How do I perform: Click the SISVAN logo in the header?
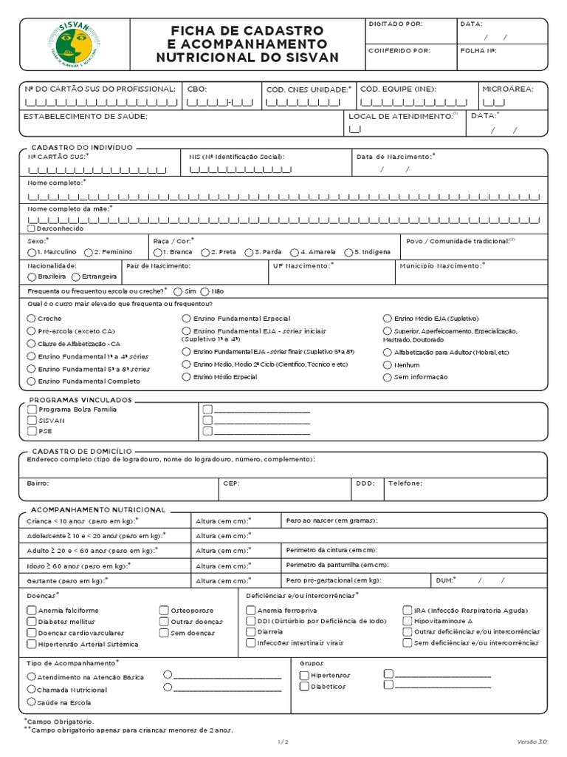[x=75, y=44]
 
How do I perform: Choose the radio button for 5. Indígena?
[x=348, y=252]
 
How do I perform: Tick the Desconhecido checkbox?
[x=31, y=228]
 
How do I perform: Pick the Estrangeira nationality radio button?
[x=76, y=276]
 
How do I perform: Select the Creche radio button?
[x=31, y=319]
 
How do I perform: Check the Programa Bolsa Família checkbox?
[x=32, y=409]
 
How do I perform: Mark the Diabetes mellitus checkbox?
[x=32, y=622]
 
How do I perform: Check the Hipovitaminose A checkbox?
[x=408, y=622]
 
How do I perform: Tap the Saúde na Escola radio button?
[x=31, y=702]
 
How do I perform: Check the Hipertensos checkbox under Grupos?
[x=304, y=675]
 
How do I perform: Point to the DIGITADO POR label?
[x=396, y=24]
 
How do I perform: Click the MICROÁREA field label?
[x=507, y=89]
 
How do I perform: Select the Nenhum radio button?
[x=388, y=365]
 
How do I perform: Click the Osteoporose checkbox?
[x=164, y=611]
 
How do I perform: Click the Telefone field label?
[x=405, y=483]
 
